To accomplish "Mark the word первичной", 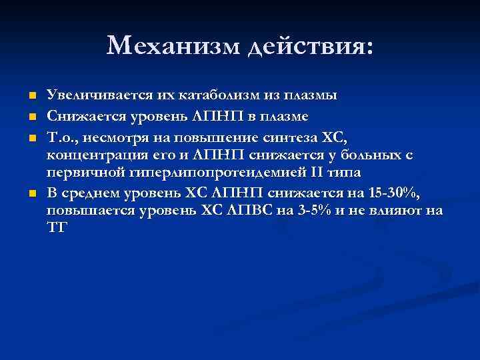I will [x=77, y=173].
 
